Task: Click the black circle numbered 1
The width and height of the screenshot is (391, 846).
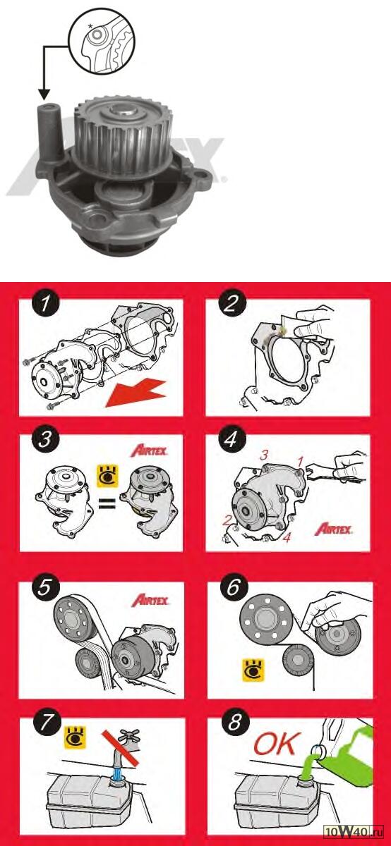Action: [45, 304]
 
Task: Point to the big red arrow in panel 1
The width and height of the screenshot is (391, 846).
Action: [136, 393]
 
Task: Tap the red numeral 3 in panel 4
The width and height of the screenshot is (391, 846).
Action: [263, 455]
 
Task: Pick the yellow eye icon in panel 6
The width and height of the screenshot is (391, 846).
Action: [253, 670]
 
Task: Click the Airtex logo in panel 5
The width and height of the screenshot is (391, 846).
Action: [150, 600]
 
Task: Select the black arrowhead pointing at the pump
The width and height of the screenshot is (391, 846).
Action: [44, 94]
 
